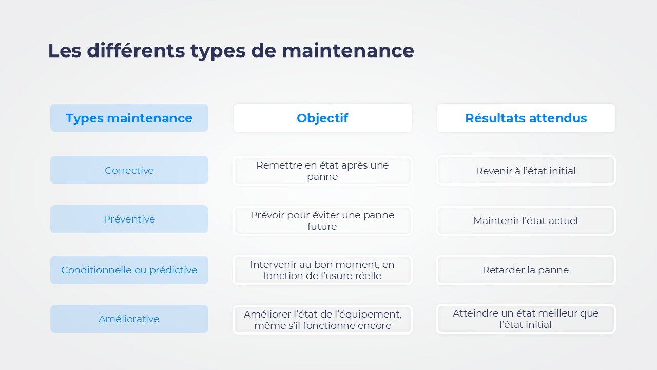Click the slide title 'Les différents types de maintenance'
pyautogui.click(x=230, y=51)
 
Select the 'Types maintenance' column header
pyautogui.click(x=129, y=118)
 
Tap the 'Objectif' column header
pyautogui.click(x=322, y=118)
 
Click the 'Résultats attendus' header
pyautogui.click(x=526, y=118)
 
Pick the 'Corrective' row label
pyautogui.click(x=129, y=170)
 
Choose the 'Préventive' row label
pyautogui.click(x=129, y=219)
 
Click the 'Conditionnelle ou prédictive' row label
pyautogui.click(x=129, y=270)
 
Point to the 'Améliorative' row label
pyautogui.click(x=129, y=319)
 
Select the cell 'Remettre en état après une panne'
pyautogui.click(x=322, y=171)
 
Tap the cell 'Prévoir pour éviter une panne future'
pyautogui.click(x=322, y=220)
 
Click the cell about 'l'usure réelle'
pyautogui.click(x=322, y=270)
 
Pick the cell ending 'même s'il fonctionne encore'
pyautogui.click(x=322, y=320)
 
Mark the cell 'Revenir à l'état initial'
pyautogui.click(x=526, y=171)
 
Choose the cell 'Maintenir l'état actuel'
pyautogui.click(x=526, y=220)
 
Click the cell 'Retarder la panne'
pyautogui.click(x=526, y=270)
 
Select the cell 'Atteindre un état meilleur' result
pyautogui.click(x=526, y=319)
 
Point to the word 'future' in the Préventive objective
pyautogui.click(x=322, y=227)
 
